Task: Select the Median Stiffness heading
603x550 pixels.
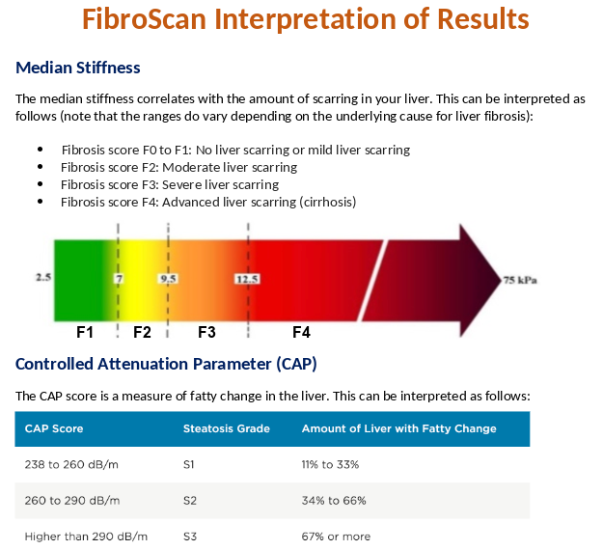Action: (78, 68)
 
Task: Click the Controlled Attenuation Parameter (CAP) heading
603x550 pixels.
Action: (166, 364)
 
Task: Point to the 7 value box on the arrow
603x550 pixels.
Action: (119, 279)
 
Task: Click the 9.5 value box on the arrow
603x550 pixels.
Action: (168, 279)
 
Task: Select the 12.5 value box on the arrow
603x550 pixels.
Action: (248, 279)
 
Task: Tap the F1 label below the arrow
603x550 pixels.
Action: (85, 332)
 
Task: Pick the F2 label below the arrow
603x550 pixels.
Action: (143, 332)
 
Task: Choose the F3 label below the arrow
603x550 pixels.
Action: (206, 332)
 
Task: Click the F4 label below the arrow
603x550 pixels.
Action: (301, 332)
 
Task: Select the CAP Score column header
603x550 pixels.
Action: (54, 428)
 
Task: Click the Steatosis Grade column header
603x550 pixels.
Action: (226, 428)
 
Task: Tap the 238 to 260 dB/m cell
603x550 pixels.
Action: (72, 464)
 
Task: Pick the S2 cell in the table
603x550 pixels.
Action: (190, 501)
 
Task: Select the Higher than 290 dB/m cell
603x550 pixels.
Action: (86, 536)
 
